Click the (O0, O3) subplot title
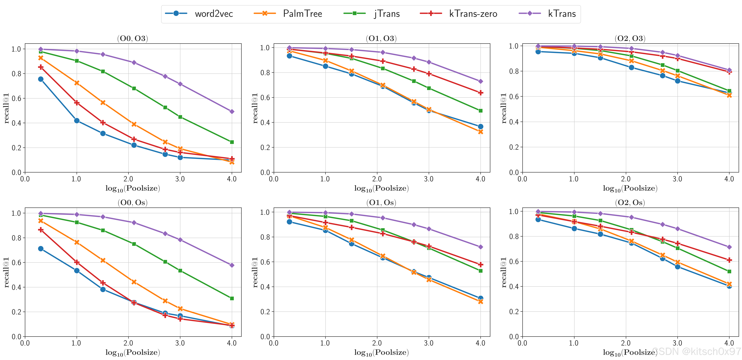tap(132, 38)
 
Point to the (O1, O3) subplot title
tap(381, 38)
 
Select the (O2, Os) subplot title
tap(630, 203)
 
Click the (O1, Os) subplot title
tap(381, 203)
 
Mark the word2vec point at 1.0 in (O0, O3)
tap(77, 121)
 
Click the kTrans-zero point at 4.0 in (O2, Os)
tap(729, 260)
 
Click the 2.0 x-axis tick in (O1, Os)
tap(377, 343)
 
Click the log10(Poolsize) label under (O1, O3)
tap(381, 188)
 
